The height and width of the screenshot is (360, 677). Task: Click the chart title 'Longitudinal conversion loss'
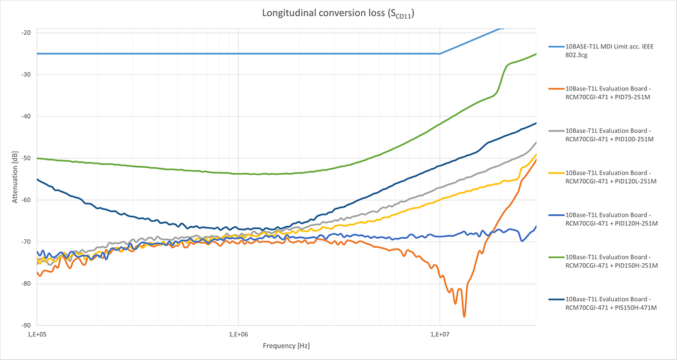338,13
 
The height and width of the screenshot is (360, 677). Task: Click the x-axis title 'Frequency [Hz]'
286,346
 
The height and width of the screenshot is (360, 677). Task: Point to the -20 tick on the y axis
26,32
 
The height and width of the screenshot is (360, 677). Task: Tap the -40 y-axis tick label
26,116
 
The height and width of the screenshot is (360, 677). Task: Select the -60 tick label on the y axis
26,200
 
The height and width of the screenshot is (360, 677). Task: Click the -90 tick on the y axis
26,325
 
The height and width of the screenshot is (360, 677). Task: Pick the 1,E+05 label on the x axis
37,334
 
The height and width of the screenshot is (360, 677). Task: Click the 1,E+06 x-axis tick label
239,334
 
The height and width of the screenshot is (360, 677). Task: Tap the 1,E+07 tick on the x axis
440,334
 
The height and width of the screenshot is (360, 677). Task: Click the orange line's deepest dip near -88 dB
464,316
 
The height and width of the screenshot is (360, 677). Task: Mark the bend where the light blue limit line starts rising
440,54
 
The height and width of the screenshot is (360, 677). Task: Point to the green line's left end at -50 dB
38,158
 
